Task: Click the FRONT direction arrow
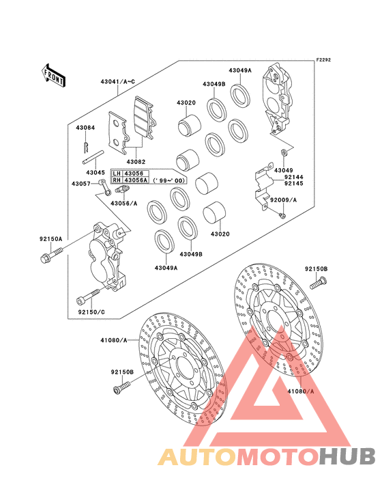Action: coord(53,76)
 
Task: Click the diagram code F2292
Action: coord(323,59)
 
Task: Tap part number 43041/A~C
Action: coord(118,82)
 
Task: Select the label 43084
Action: coord(85,128)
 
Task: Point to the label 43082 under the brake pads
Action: coord(136,162)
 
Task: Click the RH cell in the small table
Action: coord(117,180)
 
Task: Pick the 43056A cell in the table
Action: coord(136,180)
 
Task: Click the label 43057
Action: coord(81,184)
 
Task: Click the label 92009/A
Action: coord(283,200)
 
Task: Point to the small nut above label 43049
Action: coord(283,152)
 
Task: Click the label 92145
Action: coord(294,183)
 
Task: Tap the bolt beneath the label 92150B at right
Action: coord(319,283)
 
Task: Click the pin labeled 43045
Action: coord(93,157)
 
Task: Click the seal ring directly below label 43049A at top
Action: coord(240,94)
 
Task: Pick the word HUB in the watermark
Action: coord(348,456)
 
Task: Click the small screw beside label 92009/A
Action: coord(282,216)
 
